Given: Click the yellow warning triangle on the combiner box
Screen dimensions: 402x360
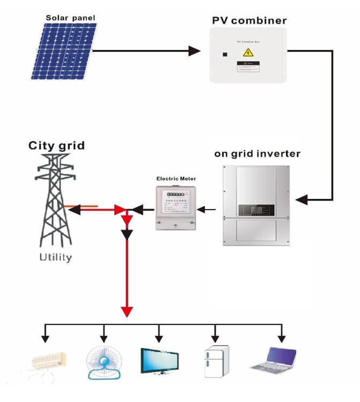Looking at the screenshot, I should [x=248, y=52].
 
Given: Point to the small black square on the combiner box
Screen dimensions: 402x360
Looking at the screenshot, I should [x=225, y=54].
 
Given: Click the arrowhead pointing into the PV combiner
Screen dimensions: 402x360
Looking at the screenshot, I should [x=194, y=51].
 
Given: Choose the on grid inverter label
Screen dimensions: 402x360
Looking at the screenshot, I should [x=258, y=153].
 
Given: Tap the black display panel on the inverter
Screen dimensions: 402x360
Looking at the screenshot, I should [x=258, y=209].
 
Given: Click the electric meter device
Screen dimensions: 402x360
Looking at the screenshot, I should [x=176, y=207].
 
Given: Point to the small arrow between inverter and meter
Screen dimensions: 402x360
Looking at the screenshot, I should [x=209, y=209].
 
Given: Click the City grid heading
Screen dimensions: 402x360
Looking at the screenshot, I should [x=56, y=145].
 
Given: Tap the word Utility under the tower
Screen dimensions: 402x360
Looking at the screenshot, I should [x=55, y=257].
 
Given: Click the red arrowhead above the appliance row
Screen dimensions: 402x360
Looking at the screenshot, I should [x=127, y=311].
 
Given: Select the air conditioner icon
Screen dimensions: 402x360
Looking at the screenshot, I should [x=48, y=360].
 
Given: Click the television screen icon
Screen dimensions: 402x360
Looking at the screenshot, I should [x=159, y=359].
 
